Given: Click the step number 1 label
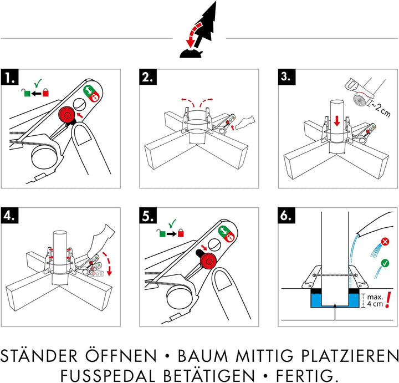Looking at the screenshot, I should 12,78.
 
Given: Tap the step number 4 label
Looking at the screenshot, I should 12,215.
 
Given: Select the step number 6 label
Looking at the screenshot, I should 286,215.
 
